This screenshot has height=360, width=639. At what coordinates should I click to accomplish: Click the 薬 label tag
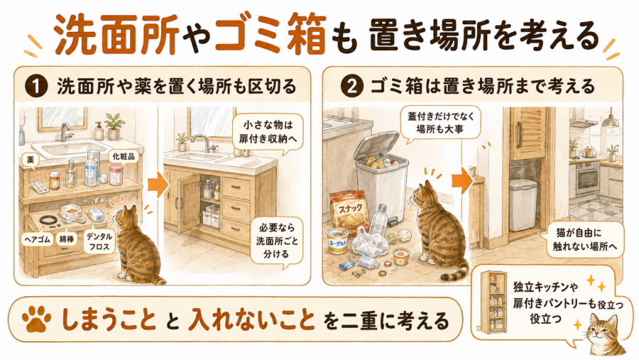(30, 160)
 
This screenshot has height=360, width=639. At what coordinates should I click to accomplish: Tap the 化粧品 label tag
(124, 156)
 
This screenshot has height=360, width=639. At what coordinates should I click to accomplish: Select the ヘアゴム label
(37, 239)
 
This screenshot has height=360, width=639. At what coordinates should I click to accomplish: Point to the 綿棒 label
(67, 239)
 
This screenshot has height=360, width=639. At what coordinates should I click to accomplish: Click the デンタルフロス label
(99, 241)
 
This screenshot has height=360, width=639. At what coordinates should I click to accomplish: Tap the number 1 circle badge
(36, 87)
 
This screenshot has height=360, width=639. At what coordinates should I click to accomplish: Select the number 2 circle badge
(351, 87)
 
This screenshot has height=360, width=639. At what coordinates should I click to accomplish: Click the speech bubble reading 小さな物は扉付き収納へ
(268, 131)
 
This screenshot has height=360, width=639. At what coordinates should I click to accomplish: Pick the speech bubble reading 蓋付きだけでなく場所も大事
(441, 123)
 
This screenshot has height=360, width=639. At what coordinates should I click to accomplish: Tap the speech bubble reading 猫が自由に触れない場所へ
(584, 240)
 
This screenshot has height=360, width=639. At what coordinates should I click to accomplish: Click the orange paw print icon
(37, 319)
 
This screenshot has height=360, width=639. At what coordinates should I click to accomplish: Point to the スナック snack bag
(346, 213)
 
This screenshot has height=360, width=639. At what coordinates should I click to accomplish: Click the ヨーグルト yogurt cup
(337, 241)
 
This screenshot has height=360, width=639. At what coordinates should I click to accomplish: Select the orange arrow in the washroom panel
(158, 185)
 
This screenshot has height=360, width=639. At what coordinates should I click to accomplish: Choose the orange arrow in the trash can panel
(461, 180)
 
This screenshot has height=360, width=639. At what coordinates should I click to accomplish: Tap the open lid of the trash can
(375, 145)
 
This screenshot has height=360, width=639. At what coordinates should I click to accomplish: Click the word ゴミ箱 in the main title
(270, 36)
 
